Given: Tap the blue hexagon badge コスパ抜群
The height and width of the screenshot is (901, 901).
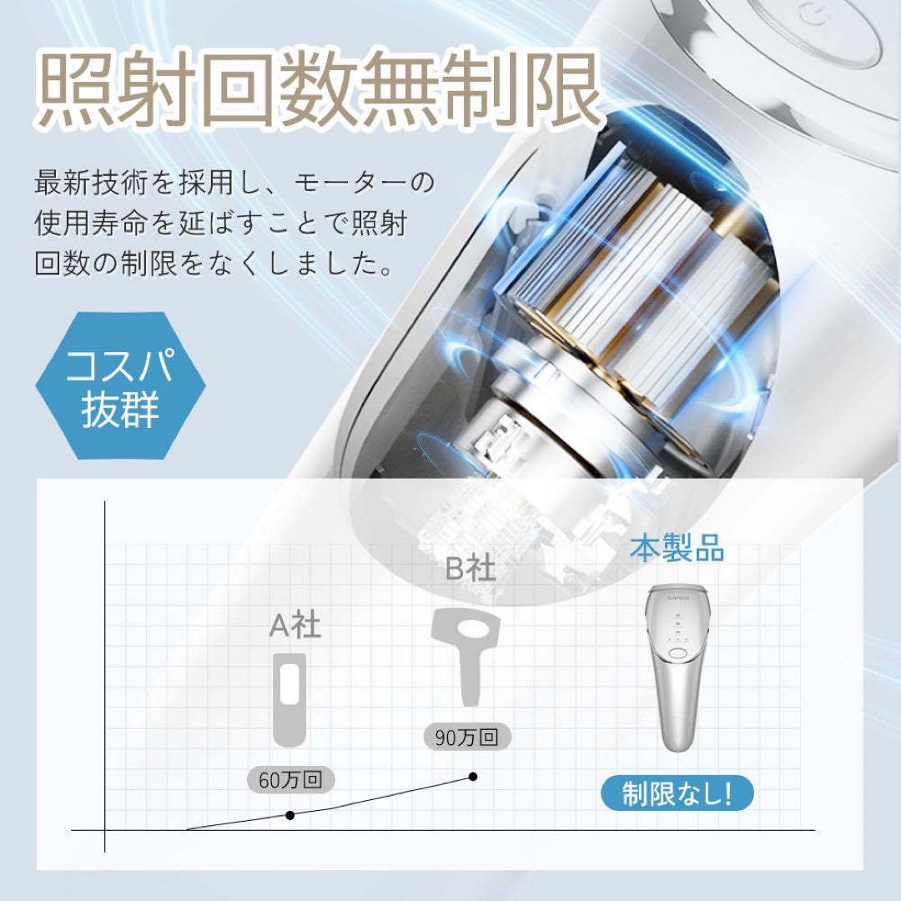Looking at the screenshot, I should [x=122, y=385].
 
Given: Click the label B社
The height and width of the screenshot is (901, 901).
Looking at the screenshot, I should [x=470, y=569].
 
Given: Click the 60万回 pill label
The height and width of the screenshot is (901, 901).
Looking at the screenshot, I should [x=290, y=781].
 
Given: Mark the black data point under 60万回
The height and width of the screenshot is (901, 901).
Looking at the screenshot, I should [x=290, y=814].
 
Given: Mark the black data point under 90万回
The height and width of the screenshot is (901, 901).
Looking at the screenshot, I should [x=473, y=777].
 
